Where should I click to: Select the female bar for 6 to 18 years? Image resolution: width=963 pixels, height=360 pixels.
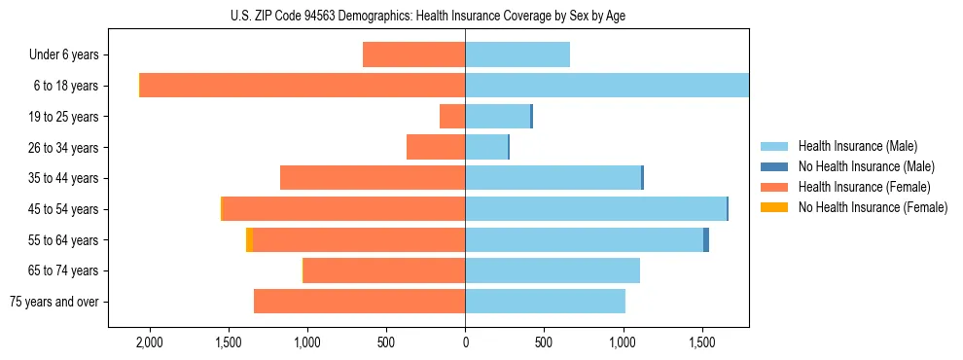click(303, 86)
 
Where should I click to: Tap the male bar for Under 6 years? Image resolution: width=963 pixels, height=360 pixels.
click(517, 54)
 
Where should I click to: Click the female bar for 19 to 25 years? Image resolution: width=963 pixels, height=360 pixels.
click(452, 117)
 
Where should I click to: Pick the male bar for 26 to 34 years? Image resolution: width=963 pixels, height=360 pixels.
click(486, 147)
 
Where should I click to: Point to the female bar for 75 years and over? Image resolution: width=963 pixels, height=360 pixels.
click(360, 302)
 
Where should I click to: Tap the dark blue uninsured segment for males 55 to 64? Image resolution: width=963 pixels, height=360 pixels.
click(706, 239)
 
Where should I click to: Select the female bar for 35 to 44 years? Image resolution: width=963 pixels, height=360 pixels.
click(373, 178)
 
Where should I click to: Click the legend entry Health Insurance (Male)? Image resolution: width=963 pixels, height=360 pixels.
click(856, 146)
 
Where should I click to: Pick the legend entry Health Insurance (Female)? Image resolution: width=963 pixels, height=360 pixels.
click(863, 187)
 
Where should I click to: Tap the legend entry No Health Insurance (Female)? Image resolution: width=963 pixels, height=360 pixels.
click(872, 207)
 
